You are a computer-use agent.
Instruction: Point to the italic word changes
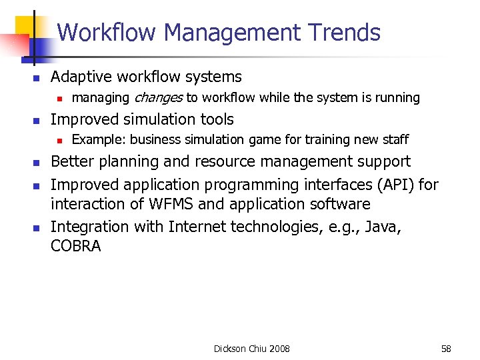point(158,98)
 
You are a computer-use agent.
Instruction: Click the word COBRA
point(76,246)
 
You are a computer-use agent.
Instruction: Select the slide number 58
point(446,349)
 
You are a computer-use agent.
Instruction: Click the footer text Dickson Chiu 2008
point(252,349)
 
